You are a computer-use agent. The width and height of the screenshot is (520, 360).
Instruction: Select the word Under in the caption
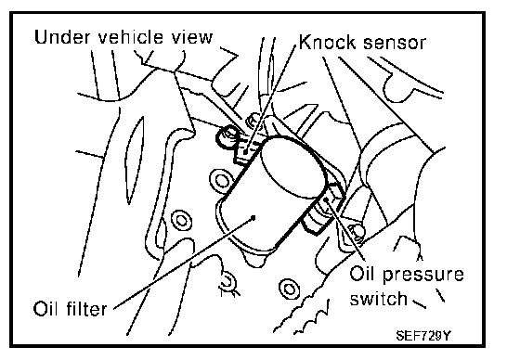(62, 37)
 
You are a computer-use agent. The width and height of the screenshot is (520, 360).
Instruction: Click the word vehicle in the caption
(131, 37)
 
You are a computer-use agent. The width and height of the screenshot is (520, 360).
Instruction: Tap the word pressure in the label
(423, 276)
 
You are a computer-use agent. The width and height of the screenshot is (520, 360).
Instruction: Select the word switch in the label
(379, 299)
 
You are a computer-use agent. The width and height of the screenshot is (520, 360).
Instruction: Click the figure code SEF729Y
(423, 336)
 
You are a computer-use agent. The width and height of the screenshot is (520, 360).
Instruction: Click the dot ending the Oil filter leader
(253, 218)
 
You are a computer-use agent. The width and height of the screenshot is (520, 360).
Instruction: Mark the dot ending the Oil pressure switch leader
(326, 199)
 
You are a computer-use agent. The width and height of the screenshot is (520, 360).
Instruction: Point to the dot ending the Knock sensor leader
(246, 152)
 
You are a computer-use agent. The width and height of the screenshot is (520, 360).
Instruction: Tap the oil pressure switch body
(321, 210)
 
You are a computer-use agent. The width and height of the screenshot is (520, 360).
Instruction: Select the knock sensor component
(247, 148)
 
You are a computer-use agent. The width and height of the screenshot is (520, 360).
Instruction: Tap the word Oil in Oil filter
(45, 308)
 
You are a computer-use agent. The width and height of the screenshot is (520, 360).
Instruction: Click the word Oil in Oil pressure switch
(362, 274)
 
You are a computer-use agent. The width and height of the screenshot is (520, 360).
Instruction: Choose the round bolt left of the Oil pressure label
(289, 289)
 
